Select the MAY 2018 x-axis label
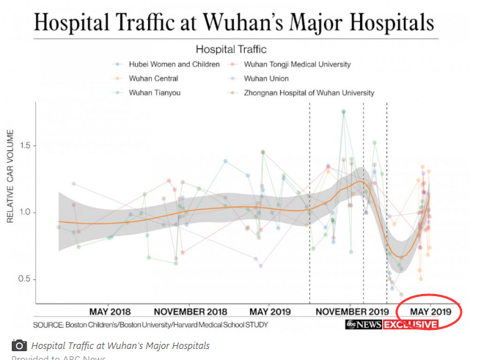tap(110, 311)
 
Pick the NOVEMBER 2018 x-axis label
tap(190, 311)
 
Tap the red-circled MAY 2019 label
tap(430, 311)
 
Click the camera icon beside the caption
tap(20, 345)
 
